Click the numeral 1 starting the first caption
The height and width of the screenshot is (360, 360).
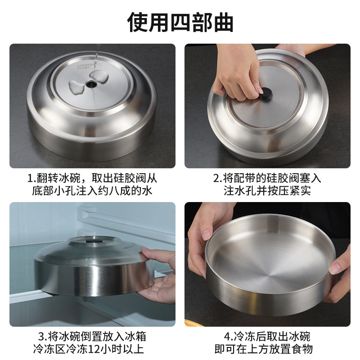coord(30,178)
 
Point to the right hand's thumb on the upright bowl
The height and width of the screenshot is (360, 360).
coord(335,267)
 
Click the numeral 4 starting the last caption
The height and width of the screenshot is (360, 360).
coord(228,336)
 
